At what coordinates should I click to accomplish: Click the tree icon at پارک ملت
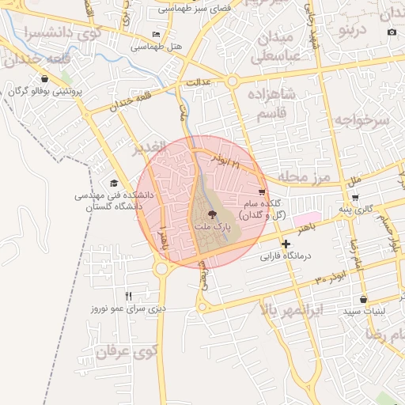[x=211, y=214]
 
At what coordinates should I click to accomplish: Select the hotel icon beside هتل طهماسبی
[x=156, y=35]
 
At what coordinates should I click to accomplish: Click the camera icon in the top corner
[x=392, y=32]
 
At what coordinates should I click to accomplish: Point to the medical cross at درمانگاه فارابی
[x=286, y=244]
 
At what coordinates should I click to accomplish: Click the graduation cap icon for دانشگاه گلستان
[x=115, y=184]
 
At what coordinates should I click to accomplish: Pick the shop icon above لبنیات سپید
[x=363, y=300]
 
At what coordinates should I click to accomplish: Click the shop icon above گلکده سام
[x=262, y=192]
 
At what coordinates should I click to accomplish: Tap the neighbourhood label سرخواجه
[x=361, y=119]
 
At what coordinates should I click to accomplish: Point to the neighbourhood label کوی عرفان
[x=126, y=350]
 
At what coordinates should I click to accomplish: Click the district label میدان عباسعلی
[x=274, y=47]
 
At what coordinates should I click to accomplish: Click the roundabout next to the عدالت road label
[x=232, y=81]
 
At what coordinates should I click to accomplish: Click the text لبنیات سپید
[x=364, y=312]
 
